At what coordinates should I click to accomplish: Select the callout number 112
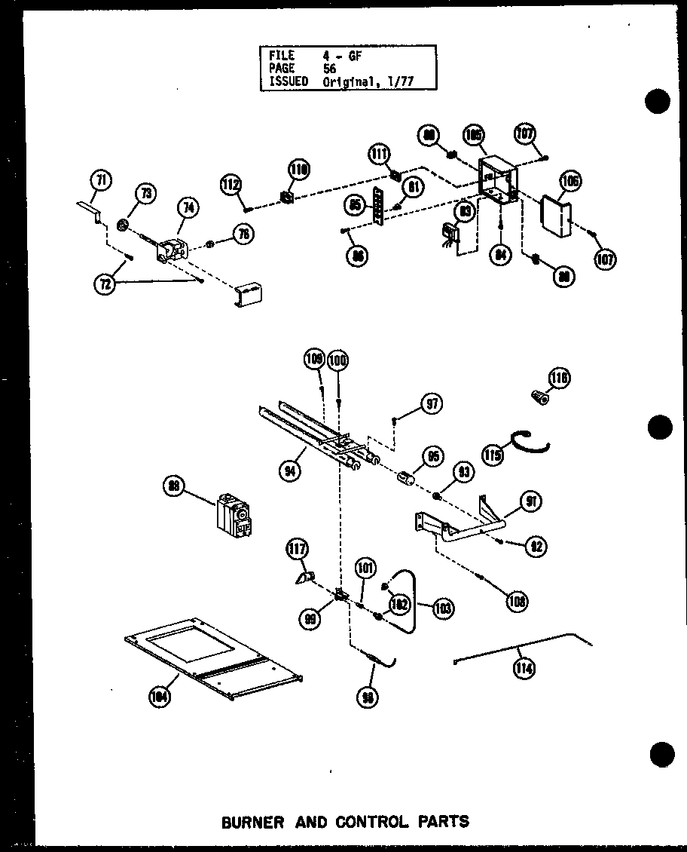231,182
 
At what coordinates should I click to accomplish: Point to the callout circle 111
379,155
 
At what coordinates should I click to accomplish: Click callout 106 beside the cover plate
569,180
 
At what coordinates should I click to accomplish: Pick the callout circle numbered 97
432,404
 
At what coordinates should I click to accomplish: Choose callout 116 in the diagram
560,378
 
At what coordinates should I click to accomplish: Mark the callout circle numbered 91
530,501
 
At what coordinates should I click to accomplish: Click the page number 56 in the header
331,69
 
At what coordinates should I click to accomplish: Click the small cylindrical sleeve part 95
408,480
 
